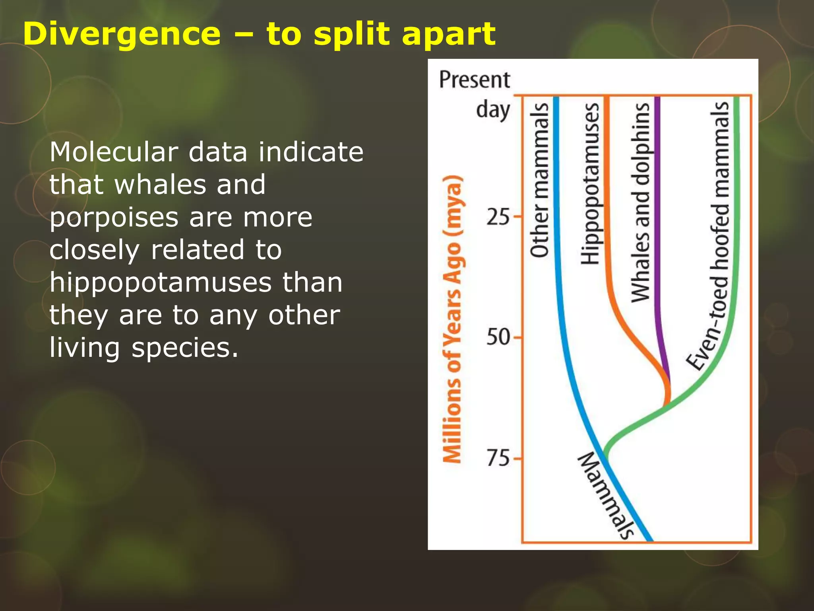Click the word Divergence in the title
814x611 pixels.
click(x=122, y=34)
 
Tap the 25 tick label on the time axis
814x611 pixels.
click(x=498, y=217)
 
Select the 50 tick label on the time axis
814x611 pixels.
click(x=498, y=337)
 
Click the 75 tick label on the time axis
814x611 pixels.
click(x=498, y=458)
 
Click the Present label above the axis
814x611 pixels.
click(x=474, y=80)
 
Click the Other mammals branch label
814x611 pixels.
click(x=539, y=180)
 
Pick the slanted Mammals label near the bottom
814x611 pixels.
click(x=605, y=496)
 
